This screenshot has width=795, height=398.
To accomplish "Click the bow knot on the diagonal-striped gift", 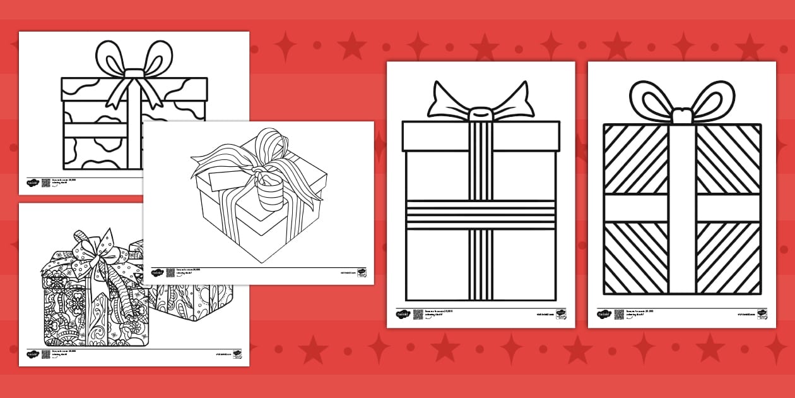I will pos(681,116).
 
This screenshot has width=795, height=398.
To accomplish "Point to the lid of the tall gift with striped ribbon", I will pos(481,136).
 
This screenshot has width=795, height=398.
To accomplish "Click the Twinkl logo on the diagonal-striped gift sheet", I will pos(603,314).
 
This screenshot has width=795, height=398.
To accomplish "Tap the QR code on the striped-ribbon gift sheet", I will pos(418,314).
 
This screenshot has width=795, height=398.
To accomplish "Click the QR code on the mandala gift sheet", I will pos(45,354).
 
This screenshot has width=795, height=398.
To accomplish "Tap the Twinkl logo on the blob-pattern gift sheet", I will pos(33,183).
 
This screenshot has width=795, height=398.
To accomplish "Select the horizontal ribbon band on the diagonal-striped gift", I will pos(681,208).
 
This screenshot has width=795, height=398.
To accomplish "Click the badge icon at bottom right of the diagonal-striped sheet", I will pos(762,314).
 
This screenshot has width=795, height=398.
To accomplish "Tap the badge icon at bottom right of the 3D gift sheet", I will pos(362,273).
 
